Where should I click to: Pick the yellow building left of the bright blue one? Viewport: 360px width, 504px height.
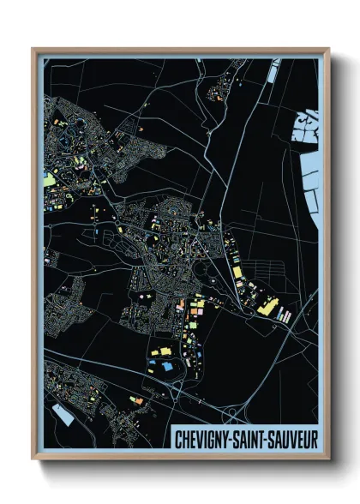156,352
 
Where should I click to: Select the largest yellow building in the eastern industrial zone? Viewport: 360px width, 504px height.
267,303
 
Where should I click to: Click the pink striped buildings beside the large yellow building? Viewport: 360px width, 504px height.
285,316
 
